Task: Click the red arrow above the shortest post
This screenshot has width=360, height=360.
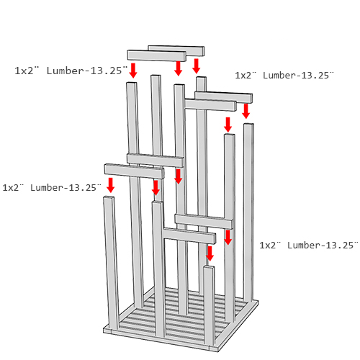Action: point(210,253)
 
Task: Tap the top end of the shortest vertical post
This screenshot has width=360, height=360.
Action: point(209,266)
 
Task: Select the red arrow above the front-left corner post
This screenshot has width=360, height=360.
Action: point(110,185)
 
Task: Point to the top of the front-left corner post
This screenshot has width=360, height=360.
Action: point(109,197)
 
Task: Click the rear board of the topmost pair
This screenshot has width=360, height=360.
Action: point(176,50)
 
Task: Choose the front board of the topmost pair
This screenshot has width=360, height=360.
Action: point(157,55)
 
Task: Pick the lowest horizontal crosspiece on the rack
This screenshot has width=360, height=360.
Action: point(189,235)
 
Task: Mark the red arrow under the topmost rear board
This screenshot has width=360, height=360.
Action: point(197,66)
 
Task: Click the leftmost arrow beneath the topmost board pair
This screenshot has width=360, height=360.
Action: point(133,71)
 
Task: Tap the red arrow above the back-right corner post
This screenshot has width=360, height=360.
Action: point(246,111)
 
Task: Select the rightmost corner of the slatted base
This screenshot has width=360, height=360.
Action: point(258,302)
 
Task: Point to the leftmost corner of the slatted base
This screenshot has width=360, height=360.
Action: point(104,330)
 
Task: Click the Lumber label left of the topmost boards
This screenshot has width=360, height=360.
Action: point(71,71)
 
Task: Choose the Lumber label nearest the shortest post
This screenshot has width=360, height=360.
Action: point(309,245)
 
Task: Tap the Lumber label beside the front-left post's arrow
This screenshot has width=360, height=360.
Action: point(52,187)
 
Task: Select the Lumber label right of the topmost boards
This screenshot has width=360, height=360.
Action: point(284,75)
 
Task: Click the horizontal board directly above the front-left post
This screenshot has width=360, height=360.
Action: point(134,171)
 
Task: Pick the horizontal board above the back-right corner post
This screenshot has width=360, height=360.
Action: point(224,97)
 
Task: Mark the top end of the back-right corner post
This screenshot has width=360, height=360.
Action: point(248,125)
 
